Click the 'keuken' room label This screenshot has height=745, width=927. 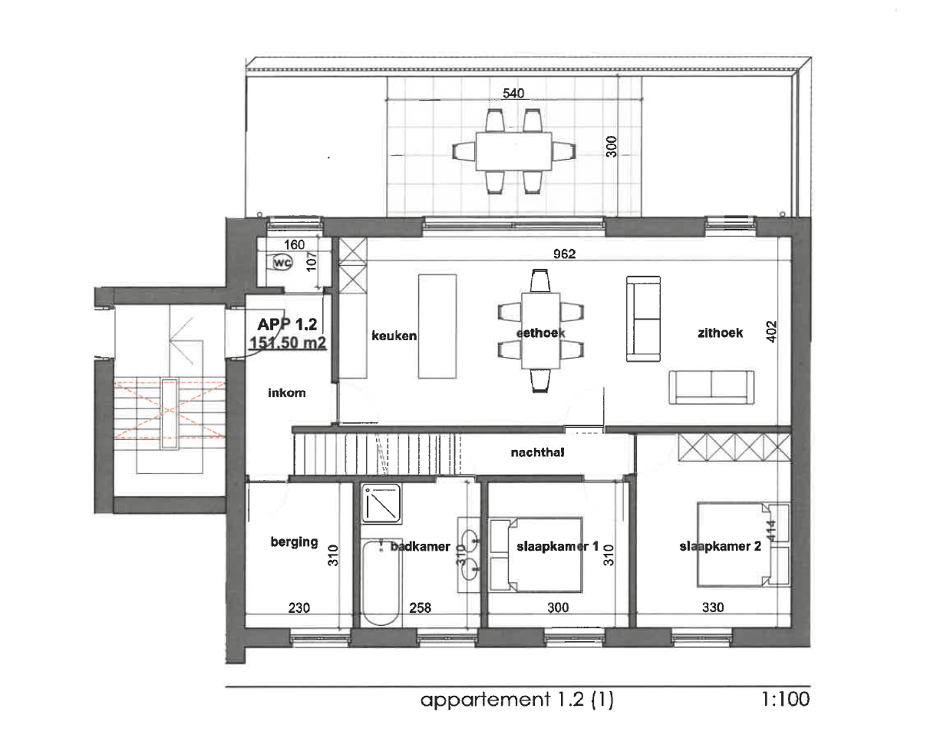coord(394,336)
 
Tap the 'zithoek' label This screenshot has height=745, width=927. coord(720,333)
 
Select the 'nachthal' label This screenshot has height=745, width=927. coord(537,453)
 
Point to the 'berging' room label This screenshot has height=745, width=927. coord(294,542)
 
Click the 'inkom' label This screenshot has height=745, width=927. coord(287,393)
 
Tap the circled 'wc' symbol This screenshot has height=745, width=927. coord(282,263)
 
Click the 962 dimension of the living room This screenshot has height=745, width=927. coord(564,253)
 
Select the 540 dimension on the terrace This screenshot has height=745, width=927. coord(513,93)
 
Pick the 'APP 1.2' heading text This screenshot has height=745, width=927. coord(287,324)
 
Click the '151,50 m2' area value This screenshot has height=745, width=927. coord(287,343)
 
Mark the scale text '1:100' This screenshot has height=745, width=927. coord(785,700)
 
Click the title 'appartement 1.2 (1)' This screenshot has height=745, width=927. coord(517,700)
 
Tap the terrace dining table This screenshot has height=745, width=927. coord(514,151)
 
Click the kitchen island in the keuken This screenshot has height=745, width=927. coord(437,326)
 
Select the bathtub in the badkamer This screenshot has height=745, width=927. coord(380,582)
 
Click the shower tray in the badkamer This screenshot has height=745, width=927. coord(381,503)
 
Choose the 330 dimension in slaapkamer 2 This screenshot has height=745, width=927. coord(712,607)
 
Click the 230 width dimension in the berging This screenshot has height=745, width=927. coord(298,608)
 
